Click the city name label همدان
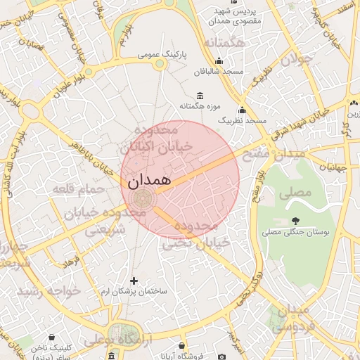pyautogui.click(x=150, y=181)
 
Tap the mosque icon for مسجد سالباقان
pyautogui.click(x=219, y=60)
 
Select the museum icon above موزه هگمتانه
pyautogui.click(x=200, y=96)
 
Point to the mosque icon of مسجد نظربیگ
pyautogui.click(x=243, y=110)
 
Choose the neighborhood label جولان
pyautogui.click(x=295, y=60)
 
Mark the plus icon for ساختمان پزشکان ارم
pyautogui.click(x=134, y=281)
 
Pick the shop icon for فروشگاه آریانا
pyautogui.click(x=183, y=347)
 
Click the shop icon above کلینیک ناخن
pyautogui.click(x=55, y=338)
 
